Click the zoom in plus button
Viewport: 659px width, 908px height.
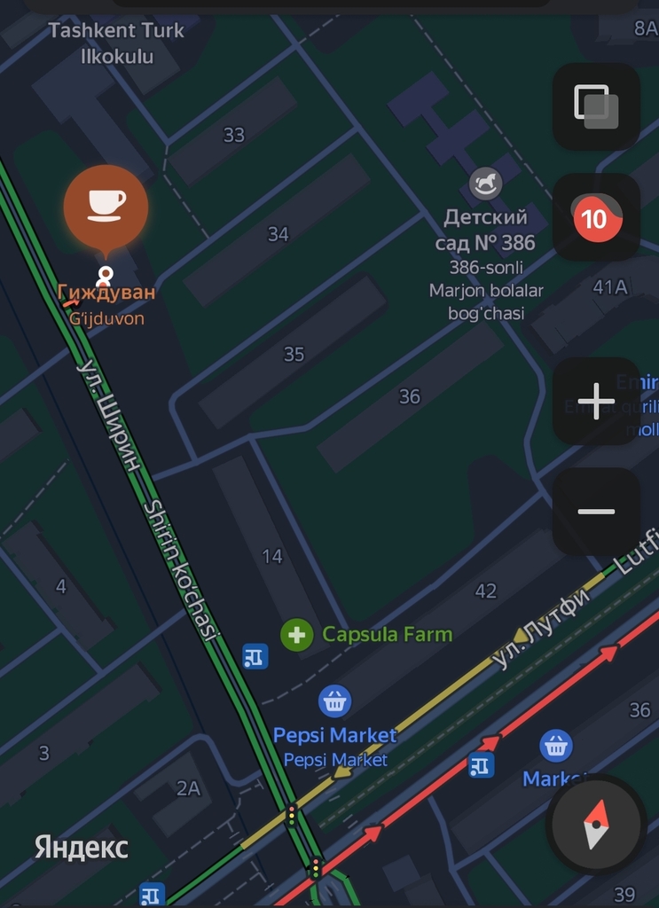pos(596,401)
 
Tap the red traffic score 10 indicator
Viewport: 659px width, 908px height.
pos(595,217)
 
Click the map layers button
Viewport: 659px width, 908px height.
pos(596,106)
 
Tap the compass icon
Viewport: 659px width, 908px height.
pos(595,824)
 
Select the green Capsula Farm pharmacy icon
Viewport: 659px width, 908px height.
pos(297,635)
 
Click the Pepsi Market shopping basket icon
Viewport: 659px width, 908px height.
pos(334,701)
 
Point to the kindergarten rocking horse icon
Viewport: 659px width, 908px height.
pos(485,184)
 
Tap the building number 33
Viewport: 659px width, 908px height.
pos(234,135)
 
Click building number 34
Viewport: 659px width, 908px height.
pos(279,234)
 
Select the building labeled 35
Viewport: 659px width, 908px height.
pos(294,355)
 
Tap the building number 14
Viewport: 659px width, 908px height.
pos(272,556)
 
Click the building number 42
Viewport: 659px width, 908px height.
pos(486,591)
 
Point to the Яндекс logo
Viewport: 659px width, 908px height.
pos(82,847)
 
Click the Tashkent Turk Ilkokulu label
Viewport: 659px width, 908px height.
pos(116,43)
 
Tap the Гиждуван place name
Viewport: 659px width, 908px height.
pos(106,293)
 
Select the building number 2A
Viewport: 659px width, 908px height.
pos(188,787)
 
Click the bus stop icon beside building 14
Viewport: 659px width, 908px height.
pos(255,657)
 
